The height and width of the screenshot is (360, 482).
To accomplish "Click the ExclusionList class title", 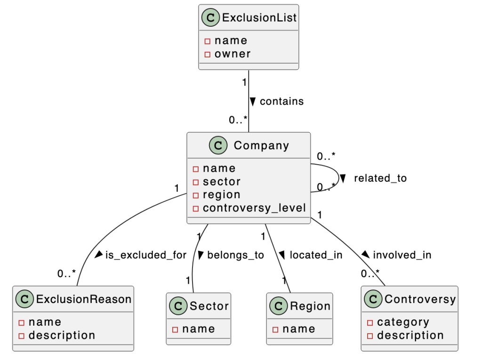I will click(259, 18).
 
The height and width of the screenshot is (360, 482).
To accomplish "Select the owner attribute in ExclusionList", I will click(232, 54).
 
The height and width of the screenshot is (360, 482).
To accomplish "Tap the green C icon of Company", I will click(218, 145).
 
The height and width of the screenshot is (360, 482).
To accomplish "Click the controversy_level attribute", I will click(254, 208).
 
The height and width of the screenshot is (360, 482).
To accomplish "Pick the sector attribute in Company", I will click(221, 181).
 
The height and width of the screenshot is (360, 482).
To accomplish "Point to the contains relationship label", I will click(281, 101).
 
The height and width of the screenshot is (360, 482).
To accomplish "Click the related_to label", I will click(380, 178).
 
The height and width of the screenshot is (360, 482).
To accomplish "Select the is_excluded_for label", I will click(145, 255).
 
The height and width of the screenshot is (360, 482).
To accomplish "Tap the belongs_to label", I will click(235, 255).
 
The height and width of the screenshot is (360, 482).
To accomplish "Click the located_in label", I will click(316, 255).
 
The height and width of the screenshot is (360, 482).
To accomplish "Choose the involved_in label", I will click(402, 255).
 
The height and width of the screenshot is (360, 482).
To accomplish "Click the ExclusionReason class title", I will click(84, 299).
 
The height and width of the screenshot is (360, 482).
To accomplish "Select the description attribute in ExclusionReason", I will click(62, 336).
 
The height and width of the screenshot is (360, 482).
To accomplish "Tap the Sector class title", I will click(209, 306).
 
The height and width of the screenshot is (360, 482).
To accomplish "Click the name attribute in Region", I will click(298, 329).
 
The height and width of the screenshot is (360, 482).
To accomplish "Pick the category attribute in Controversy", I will click(403, 322).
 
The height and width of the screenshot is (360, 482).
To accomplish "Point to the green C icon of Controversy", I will click(373, 299).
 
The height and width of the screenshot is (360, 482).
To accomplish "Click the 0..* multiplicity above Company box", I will click(238, 120).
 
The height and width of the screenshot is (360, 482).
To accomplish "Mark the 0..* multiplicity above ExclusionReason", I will click(66, 273).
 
